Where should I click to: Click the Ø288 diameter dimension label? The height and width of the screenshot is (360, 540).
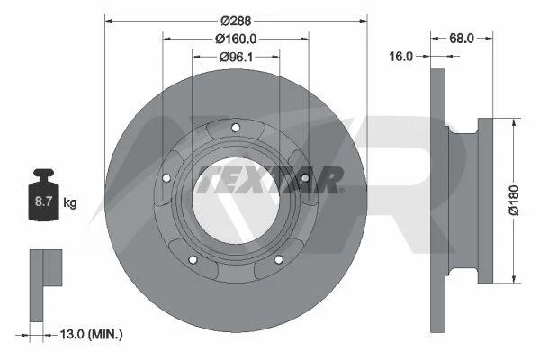(x=236, y=21)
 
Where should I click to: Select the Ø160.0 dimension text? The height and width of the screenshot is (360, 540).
(x=236, y=39)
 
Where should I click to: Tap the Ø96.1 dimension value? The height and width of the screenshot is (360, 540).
(x=236, y=57)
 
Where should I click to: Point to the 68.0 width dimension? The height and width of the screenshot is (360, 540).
(x=462, y=38)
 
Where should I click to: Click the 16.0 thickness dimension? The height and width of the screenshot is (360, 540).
(x=400, y=56)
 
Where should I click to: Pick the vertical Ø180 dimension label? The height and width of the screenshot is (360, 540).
(x=514, y=201)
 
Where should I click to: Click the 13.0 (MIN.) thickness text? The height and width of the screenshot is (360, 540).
(x=91, y=334)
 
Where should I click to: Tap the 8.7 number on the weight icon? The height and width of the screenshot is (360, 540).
(x=43, y=202)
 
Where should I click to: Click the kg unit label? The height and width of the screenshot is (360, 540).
(x=70, y=202)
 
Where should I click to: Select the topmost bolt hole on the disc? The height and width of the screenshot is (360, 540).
(x=236, y=128)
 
